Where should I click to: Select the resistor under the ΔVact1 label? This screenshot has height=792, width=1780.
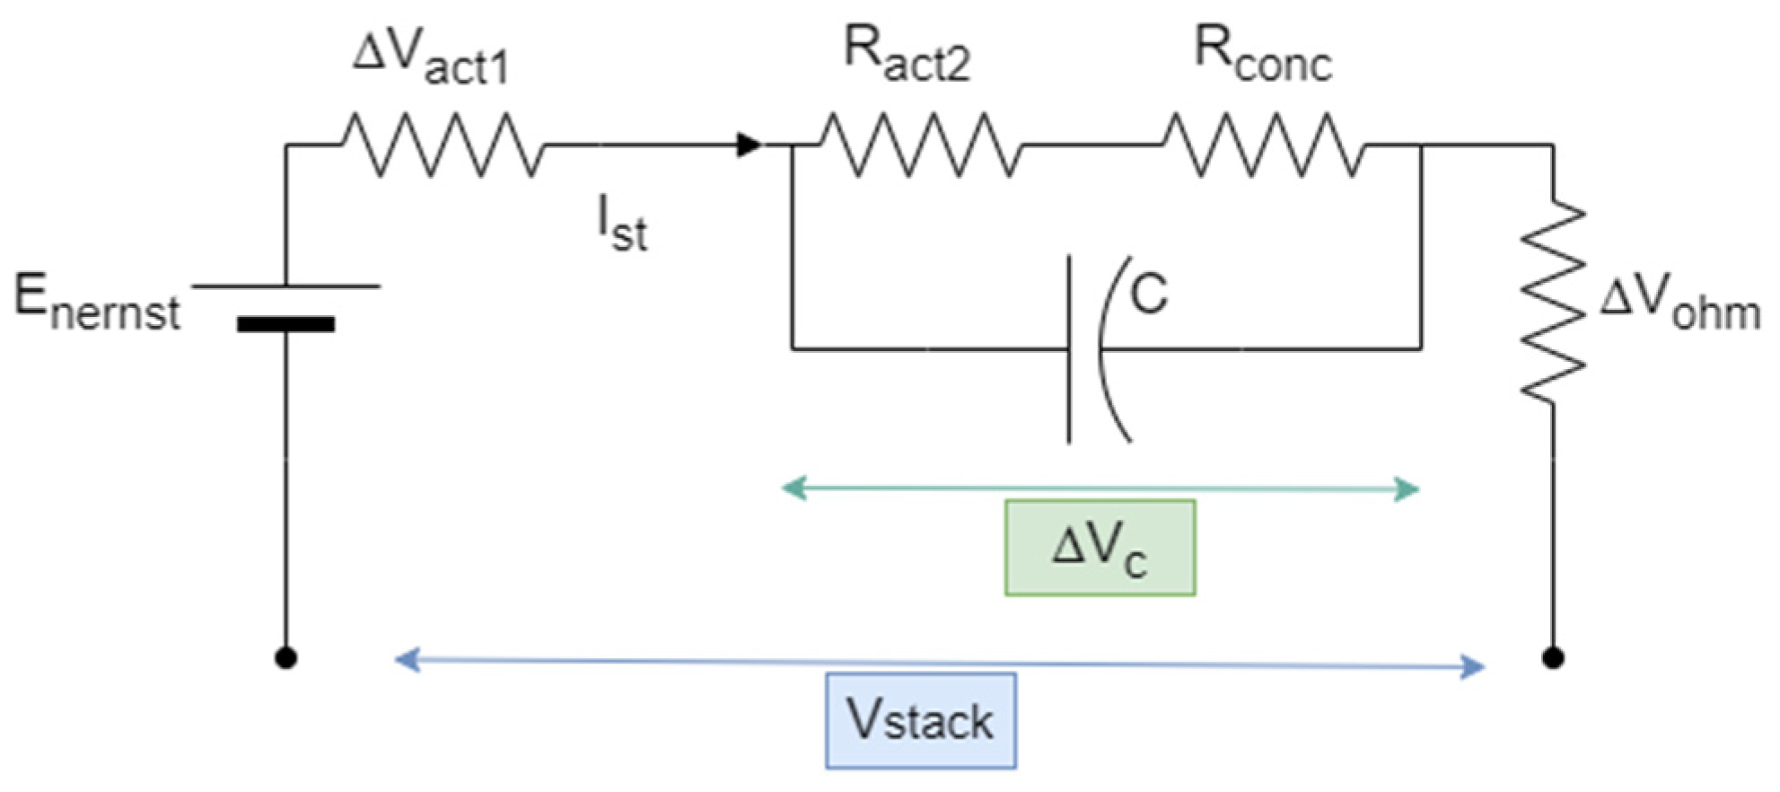point(443,145)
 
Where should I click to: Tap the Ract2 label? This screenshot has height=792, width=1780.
point(907,54)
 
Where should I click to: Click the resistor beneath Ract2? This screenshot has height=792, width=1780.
point(920,145)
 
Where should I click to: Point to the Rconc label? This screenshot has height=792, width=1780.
point(1262,54)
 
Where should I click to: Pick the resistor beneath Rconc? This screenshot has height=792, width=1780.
point(1264,145)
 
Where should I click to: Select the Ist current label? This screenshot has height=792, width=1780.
point(622,224)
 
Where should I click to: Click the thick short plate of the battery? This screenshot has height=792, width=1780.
point(285,324)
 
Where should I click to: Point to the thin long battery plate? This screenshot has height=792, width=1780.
point(285,286)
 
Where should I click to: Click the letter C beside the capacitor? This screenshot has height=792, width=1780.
point(1149,293)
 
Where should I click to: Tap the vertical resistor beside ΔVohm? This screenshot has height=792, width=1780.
point(1553,301)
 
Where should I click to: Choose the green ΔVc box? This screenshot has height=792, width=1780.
point(1100,548)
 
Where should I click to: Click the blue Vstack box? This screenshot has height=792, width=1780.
point(921,720)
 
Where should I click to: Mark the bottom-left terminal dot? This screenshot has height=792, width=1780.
point(285,658)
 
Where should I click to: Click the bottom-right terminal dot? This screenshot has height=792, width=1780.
point(1553,658)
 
